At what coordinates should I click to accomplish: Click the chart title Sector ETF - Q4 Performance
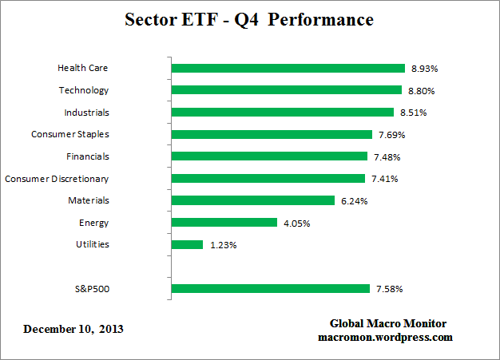click(x=249, y=19)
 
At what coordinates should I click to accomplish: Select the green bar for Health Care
click(x=288, y=69)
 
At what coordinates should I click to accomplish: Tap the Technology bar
click(x=287, y=90)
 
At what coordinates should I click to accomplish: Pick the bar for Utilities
click(x=188, y=244)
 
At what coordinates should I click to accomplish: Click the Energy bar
click(x=224, y=223)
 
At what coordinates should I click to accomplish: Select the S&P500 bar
click(x=271, y=288)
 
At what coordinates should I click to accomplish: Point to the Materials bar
click(x=253, y=200)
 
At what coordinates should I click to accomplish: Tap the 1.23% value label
click(x=223, y=245)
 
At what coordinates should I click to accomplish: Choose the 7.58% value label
click(x=390, y=289)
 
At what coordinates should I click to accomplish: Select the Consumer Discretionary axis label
click(x=57, y=179)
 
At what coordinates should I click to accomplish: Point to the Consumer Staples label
click(x=70, y=135)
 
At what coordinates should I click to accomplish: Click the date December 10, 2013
click(x=73, y=329)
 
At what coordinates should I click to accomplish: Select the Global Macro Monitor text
click(x=388, y=323)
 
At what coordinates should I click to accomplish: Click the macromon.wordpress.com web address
click(x=386, y=337)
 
